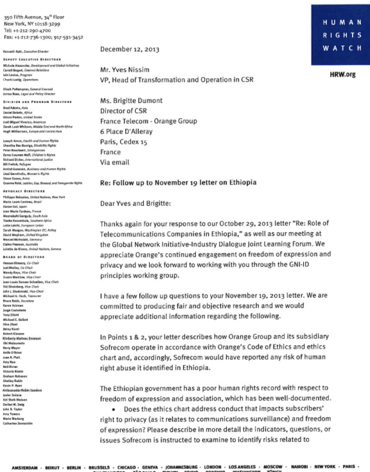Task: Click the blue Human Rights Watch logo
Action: pyautogui.click(x=340, y=35)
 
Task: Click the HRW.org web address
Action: pyautogui.click(x=343, y=74)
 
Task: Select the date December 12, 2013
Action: pyautogui.click(x=129, y=49)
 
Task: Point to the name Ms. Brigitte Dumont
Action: pyautogui.click(x=131, y=101)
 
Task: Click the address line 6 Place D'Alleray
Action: pyautogui.click(x=126, y=132)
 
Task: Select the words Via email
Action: pyautogui.click(x=115, y=162)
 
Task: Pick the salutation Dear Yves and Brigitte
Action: pyautogui.click(x=135, y=203)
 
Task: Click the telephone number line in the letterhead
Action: pyautogui.click(x=27, y=30)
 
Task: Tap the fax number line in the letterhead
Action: pyautogui.click(x=43, y=37)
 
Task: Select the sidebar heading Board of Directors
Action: pyautogui.click(x=23, y=257)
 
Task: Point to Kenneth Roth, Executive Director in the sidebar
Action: pyautogui.click(x=25, y=51)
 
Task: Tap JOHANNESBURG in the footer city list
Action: pyautogui.click(x=181, y=467)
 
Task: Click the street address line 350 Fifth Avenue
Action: pyautogui.click(x=34, y=17)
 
